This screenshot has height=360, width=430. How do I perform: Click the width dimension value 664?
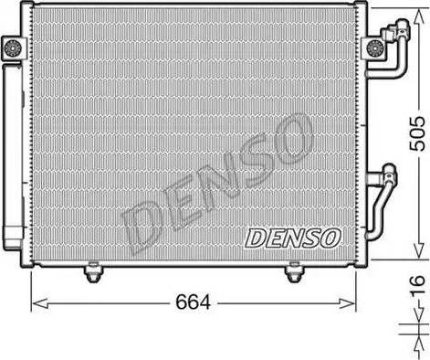click(x=193, y=302)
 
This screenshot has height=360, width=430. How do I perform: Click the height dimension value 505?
click(x=416, y=133)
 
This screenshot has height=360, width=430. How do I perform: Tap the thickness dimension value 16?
click(x=417, y=285)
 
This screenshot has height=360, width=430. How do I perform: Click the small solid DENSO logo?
click(x=293, y=238)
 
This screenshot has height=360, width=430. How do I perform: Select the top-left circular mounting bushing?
click(x=13, y=48)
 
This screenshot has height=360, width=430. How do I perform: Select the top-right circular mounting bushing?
click(x=374, y=48)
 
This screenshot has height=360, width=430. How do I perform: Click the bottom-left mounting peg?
click(x=93, y=272)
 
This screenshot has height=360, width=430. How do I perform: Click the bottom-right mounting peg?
click(x=293, y=272)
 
